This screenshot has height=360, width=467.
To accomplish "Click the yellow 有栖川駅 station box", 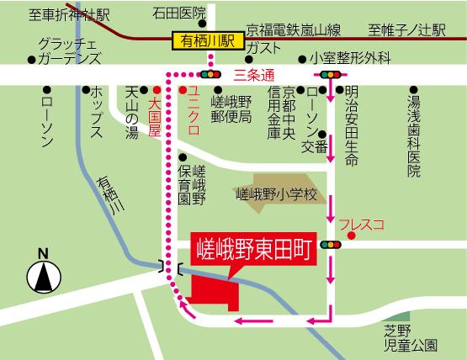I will pos(206,40).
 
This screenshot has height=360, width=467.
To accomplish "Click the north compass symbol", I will pos(43,275).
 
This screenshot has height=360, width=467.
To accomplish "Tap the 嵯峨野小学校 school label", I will pos(275,194).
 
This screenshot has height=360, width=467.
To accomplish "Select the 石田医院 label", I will pos(179,13).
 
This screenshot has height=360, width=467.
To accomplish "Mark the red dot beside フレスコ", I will pos(352,235).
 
